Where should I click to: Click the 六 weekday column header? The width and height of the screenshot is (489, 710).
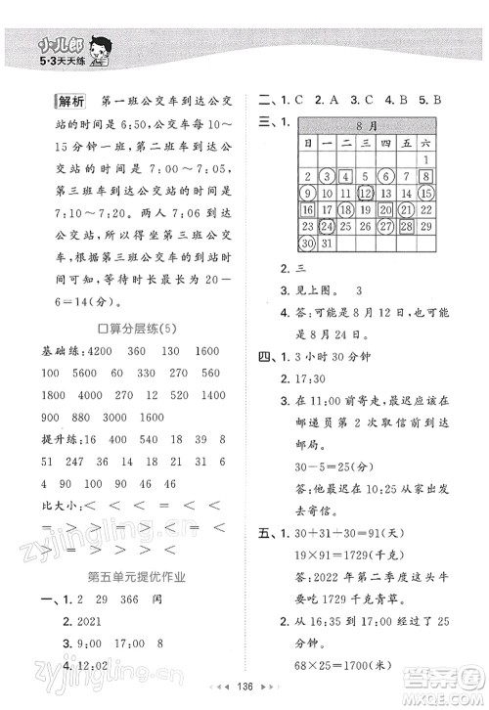tap(426, 143)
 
